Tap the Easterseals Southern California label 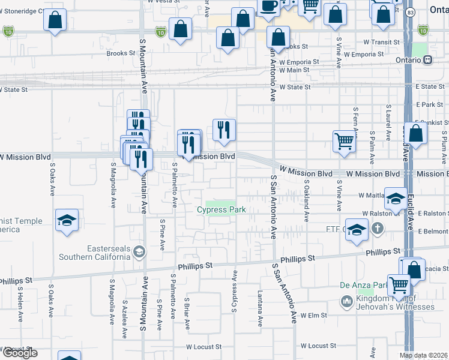click(x=94, y=253)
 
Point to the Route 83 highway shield click(x=410, y=12)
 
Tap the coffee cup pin click(x=268, y=5)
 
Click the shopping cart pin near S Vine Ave click(x=345, y=142)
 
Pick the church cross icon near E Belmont click(x=377, y=228)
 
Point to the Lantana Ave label click(x=261, y=309)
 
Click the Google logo click(x=19, y=353)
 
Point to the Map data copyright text click(x=423, y=355)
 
